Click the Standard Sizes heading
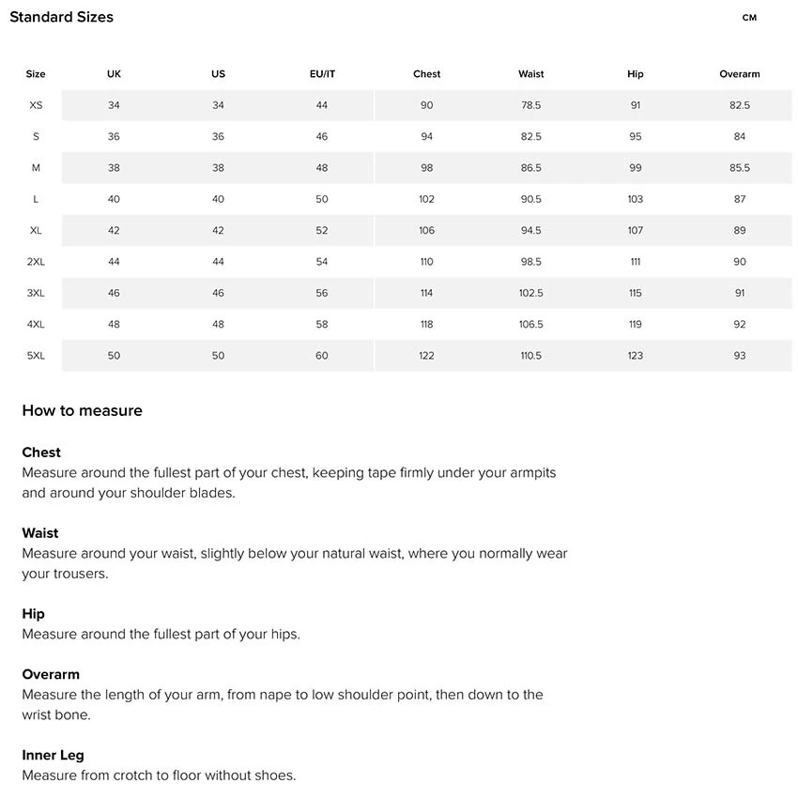click(x=61, y=17)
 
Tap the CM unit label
click(x=749, y=18)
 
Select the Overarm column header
click(x=740, y=74)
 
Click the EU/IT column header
click(x=322, y=74)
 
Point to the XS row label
click(x=36, y=105)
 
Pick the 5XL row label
click(x=36, y=356)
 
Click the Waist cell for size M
click(x=530, y=168)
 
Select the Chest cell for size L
click(x=427, y=199)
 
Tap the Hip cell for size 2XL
click(x=636, y=262)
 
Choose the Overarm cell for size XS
click(x=740, y=105)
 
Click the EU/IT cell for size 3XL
click(x=322, y=293)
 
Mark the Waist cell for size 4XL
click(x=530, y=324)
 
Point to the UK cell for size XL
click(x=114, y=230)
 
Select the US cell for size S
click(x=218, y=136)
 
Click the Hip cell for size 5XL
click(x=636, y=356)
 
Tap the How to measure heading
click(x=83, y=410)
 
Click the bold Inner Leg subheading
click(x=54, y=755)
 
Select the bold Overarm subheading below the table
click(x=51, y=674)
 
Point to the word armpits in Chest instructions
click(x=531, y=473)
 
